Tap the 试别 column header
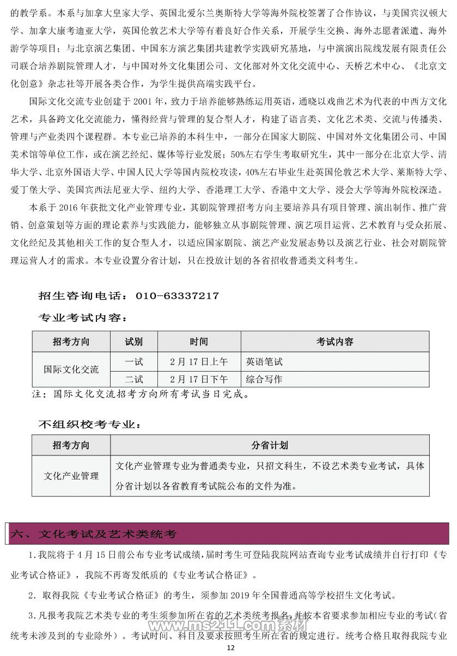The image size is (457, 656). (x=134, y=342)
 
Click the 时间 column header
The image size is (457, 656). (x=199, y=342)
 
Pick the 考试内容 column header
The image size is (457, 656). (x=335, y=342)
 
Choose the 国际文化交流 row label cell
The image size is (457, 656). (x=71, y=369)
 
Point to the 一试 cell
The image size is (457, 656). (x=134, y=361)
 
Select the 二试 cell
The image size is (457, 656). (x=134, y=379)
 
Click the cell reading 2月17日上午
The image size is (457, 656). (x=199, y=361)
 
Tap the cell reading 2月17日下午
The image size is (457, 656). (x=199, y=379)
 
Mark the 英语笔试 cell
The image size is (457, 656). (x=264, y=361)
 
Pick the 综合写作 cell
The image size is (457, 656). (x=264, y=379)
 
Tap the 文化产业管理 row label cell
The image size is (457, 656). (x=71, y=476)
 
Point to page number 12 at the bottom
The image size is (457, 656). (x=229, y=647)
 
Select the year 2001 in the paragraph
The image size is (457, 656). (x=144, y=101)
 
